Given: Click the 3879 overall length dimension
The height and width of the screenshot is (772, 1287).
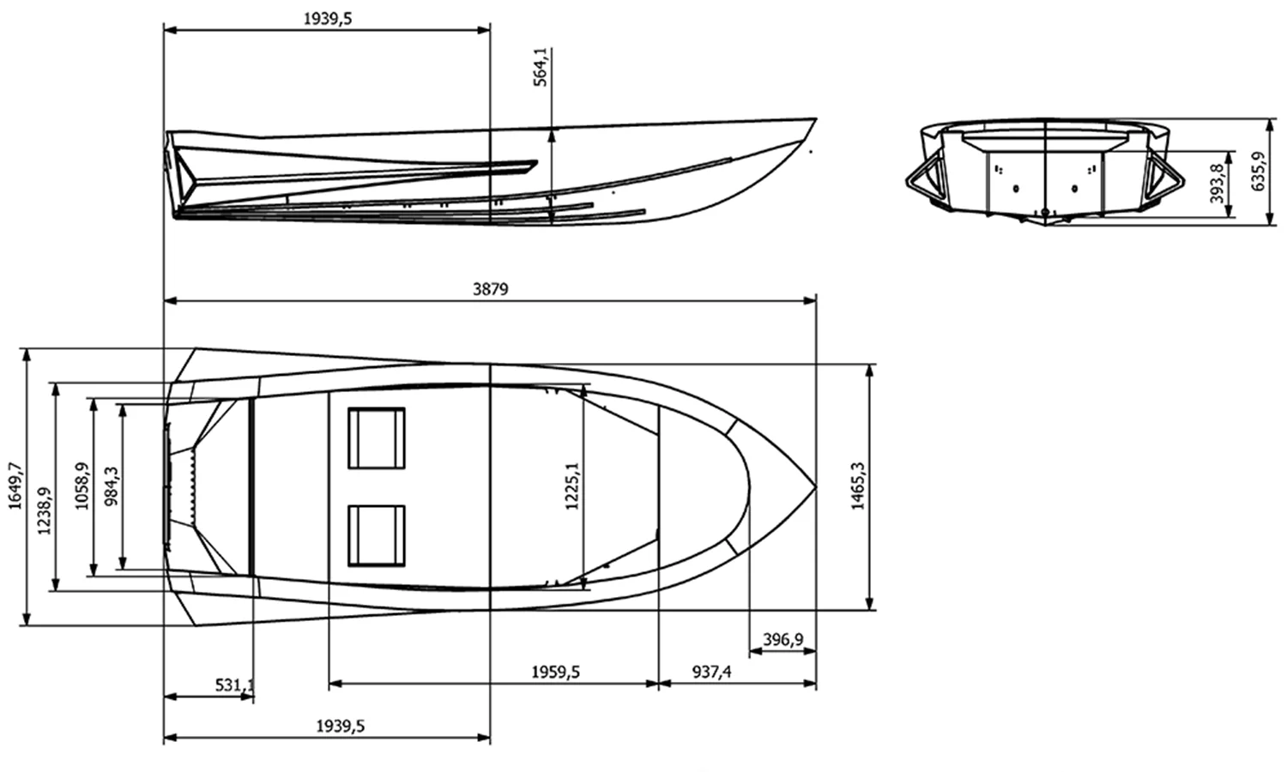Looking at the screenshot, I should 490,289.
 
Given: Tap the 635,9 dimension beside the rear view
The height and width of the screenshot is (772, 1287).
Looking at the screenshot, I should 1259,172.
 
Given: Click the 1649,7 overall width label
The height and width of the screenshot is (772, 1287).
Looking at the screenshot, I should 15,486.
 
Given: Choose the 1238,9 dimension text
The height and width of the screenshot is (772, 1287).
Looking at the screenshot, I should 45,486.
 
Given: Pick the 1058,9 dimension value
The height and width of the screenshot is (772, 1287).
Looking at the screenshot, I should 82,486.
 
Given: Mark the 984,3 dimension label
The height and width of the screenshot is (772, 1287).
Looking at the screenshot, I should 112,486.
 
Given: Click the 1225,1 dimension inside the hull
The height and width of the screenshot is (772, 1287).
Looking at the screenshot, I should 572,486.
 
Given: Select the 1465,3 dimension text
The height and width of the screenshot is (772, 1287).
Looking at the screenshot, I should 858,486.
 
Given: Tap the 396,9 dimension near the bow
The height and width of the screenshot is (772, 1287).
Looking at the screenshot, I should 782,640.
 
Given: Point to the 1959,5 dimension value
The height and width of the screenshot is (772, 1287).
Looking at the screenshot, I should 555,672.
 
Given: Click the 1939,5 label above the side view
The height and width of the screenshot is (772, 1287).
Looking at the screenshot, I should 328,19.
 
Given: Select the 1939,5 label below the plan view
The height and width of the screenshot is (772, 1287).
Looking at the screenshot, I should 341,726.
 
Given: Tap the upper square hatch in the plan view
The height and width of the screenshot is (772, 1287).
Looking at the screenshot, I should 376,437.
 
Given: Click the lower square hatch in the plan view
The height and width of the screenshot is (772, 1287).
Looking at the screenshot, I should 376,535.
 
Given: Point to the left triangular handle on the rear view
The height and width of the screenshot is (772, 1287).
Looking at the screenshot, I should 924,179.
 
